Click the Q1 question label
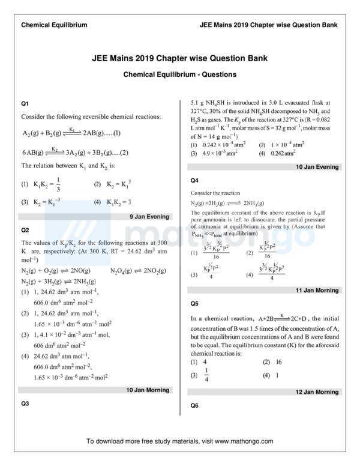25,103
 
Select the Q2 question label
25,230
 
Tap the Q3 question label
25,404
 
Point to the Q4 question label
194,180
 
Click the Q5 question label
194,303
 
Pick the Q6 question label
194,405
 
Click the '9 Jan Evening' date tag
149,217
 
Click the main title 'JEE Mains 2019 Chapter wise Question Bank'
179,59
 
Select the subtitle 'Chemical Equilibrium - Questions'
179,74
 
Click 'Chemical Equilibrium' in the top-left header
54,25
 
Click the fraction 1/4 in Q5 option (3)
206,376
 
